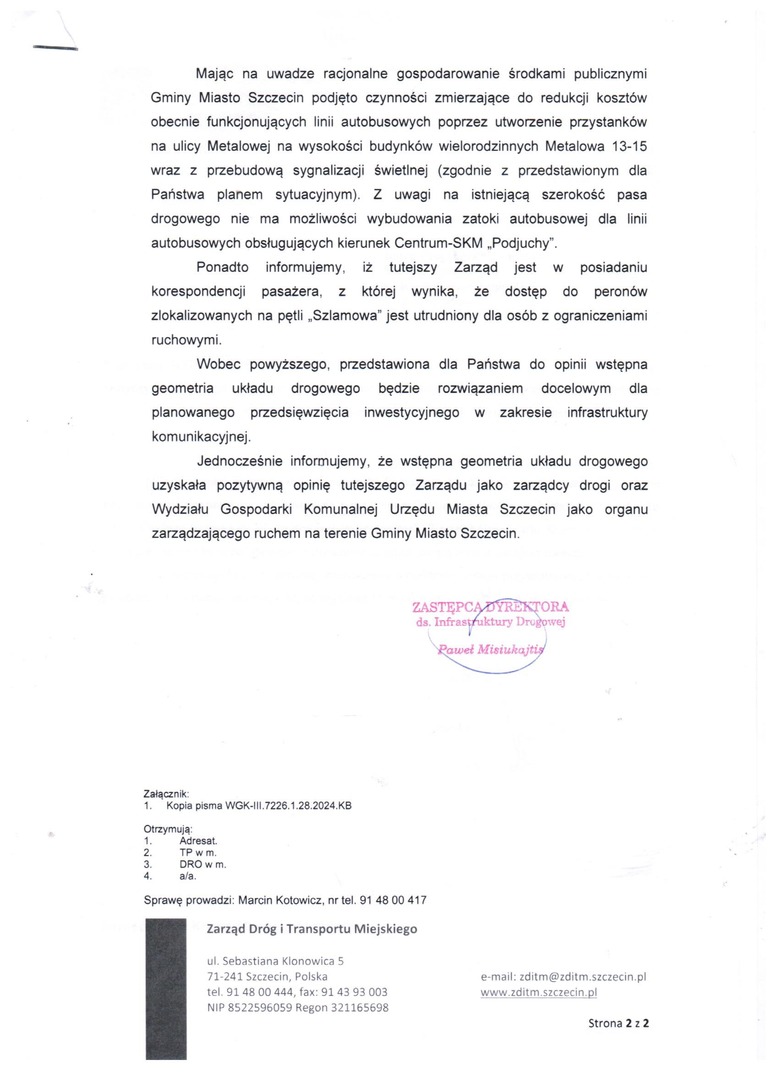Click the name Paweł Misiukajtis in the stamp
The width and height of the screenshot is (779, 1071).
[490, 649]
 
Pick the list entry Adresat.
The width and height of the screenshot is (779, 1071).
[198, 841]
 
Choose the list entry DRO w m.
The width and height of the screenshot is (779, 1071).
[203, 865]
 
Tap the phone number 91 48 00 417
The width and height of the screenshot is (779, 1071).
[393, 901]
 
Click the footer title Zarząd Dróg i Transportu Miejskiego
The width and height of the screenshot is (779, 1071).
[312, 929]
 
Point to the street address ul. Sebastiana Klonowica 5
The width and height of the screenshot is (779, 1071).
[275, 961]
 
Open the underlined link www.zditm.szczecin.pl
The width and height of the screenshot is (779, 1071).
[538, 992]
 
